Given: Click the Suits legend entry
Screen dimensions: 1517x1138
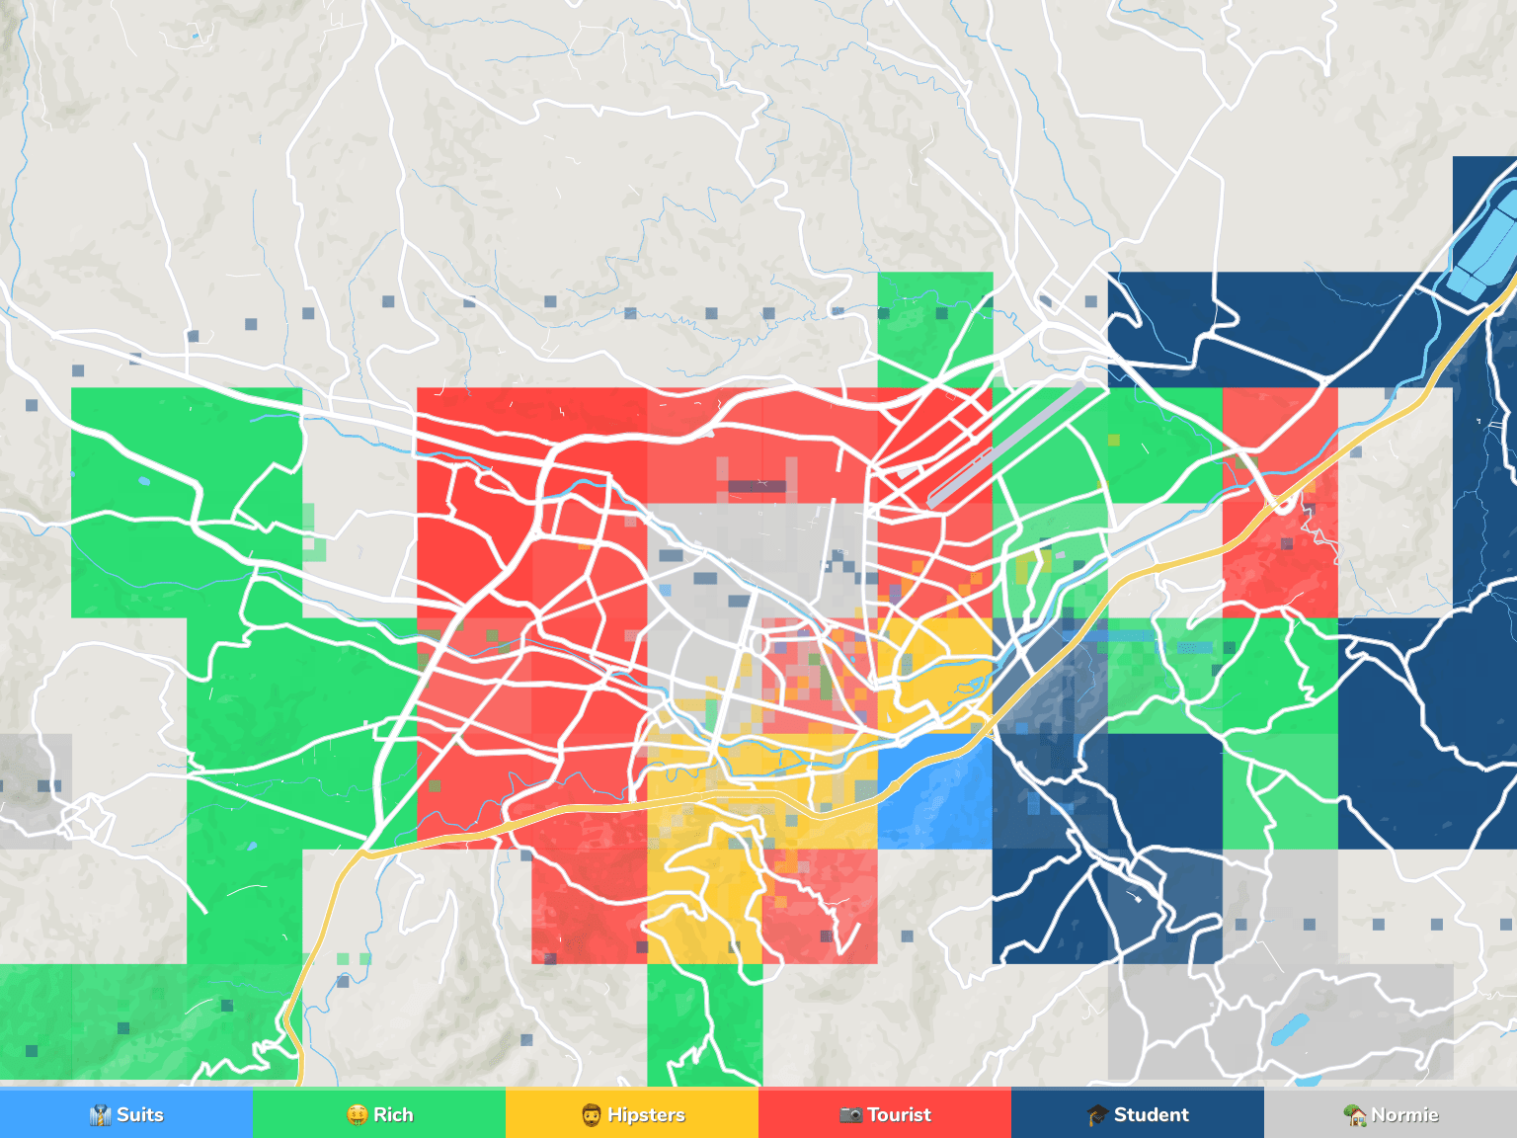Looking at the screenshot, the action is point(139,1115).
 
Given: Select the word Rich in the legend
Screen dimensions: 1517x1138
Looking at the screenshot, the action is point(393,1115).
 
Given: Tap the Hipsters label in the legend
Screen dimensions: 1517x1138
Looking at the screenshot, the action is point(646,1115).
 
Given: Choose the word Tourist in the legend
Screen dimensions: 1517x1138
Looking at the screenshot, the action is point(899,1115).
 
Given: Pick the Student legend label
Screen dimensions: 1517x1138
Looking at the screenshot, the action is point(1151,1115).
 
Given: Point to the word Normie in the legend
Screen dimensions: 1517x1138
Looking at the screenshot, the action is point(1404,1115).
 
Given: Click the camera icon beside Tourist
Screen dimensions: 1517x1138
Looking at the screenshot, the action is point(850,1115).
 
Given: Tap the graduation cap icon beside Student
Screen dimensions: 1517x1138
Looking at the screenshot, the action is point(1097,1115).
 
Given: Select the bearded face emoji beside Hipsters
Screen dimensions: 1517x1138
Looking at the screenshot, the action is point(592,1115).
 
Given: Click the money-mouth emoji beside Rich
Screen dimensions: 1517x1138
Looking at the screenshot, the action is point(358,1115).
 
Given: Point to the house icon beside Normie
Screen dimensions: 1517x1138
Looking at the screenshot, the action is point(1355,1115).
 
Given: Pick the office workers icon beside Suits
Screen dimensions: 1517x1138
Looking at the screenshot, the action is point(101,1115).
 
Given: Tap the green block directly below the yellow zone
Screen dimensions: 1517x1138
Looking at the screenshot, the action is point(704,1022).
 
